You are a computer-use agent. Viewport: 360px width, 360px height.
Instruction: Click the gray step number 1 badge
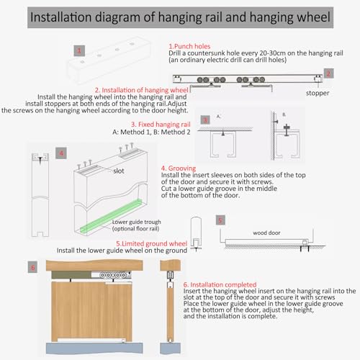[x=79, y=50]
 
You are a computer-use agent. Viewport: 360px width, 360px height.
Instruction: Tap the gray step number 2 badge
[x=328, y=73]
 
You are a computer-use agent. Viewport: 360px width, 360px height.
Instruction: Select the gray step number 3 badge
[x=205, y=120]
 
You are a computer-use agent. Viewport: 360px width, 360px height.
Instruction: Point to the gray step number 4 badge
[x=61, y=153]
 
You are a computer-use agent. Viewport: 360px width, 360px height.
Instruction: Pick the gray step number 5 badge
[x=220, y=220]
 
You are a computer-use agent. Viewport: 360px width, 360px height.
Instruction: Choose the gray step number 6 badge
[x=32, y=267]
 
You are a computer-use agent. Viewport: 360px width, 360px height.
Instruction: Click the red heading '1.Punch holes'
[x=189, y=46]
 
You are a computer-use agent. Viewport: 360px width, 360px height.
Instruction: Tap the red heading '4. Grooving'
[x=179, y=168]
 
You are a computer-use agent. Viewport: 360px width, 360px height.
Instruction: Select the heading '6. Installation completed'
[x=220, y=284]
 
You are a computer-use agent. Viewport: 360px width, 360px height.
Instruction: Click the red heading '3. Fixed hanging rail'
[x=161, y=125]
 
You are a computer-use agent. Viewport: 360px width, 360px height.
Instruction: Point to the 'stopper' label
[x=318, y=93]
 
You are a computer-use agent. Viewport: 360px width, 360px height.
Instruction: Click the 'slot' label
[x=119, y=171]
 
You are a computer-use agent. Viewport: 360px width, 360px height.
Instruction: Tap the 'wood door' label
[x=266, y=233]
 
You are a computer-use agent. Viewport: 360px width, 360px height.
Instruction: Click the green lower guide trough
[x=111, y=215]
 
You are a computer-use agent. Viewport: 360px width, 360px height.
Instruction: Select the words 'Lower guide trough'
[x=136, y=222]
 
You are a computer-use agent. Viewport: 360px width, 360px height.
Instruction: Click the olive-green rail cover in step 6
[x=71, y=275]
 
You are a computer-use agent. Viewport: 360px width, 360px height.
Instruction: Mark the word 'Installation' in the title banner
[x=60, y=17]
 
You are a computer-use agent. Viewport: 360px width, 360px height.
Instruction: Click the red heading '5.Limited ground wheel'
[x=151, y=243]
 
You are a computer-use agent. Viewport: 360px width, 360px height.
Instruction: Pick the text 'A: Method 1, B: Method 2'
[x=151, y=132]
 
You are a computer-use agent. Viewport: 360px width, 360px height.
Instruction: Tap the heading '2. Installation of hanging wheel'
[x=142, y=90]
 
